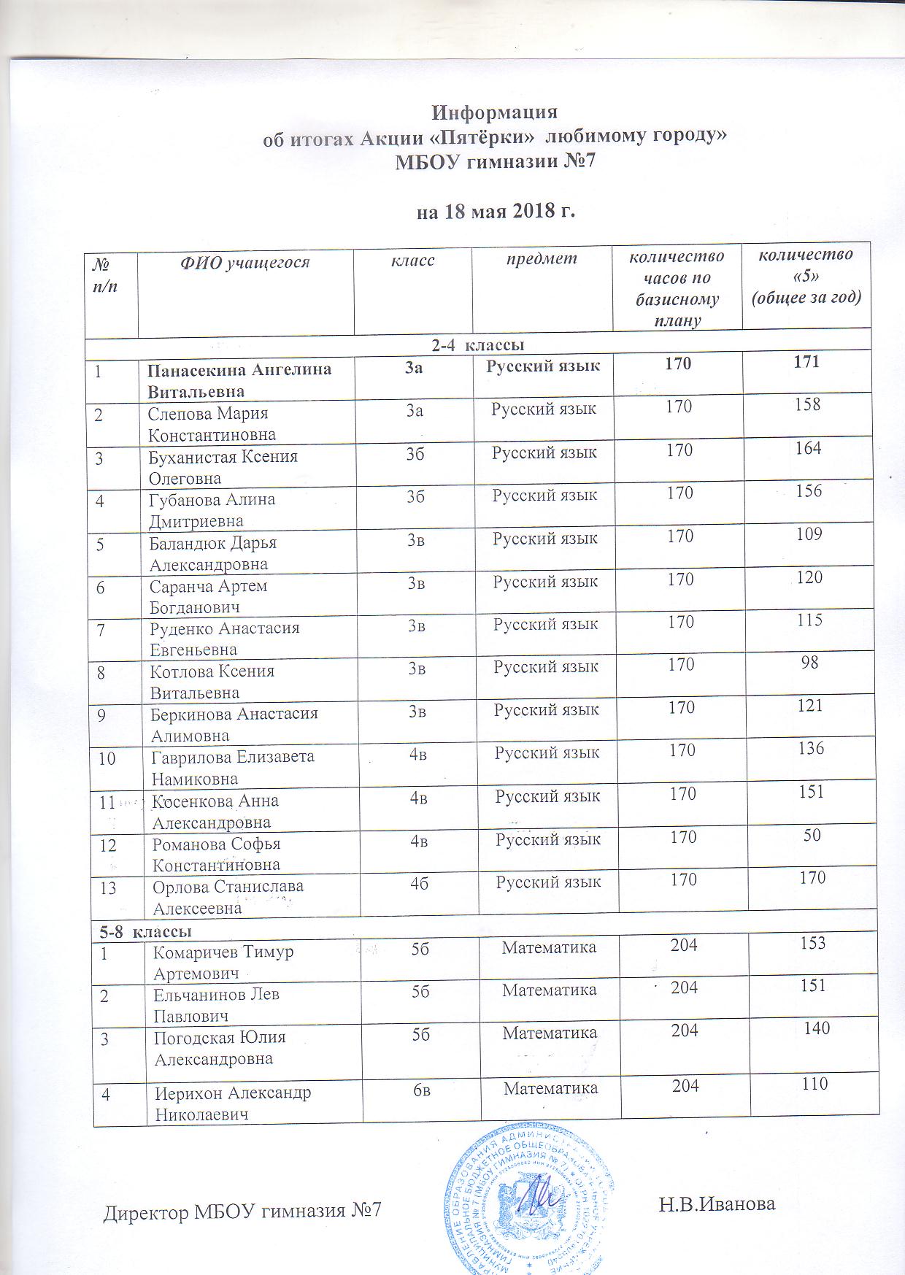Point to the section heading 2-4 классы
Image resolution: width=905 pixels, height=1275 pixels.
(479, 343)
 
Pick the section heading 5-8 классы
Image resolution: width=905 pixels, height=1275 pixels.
(146, 932)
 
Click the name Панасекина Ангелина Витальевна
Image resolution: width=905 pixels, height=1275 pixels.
(239, 380)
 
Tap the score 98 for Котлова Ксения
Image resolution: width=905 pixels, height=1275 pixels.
(809, 663)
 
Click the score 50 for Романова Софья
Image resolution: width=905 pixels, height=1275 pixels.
(812, 835)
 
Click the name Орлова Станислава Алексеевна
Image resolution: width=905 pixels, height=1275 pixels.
(228, 897)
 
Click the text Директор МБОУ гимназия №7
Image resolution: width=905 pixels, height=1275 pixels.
(242, 1212)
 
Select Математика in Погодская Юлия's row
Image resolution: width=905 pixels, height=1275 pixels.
(550, 1033)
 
